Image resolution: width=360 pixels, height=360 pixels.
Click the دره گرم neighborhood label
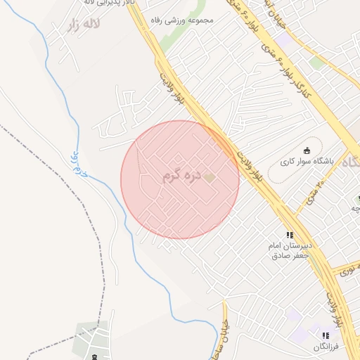tap(182, 176)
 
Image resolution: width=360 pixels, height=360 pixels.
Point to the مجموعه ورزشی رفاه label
tap(187, 20)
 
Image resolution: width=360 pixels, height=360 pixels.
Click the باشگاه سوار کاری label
tap(307, 161)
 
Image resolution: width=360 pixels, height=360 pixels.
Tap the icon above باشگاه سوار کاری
tap(307, 150)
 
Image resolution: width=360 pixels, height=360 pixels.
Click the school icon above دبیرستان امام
tap(288, 236)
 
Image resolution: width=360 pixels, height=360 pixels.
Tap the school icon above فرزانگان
tap(325, 336)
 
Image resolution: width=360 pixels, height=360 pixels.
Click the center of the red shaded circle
tap(180, 179)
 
